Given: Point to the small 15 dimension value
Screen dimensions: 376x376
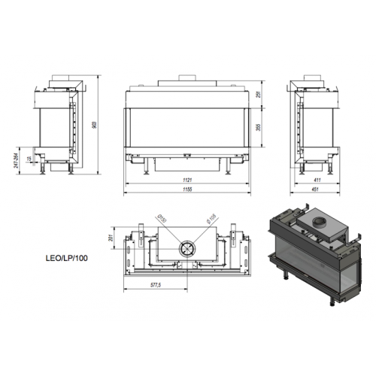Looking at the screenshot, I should click(x=29, y=159).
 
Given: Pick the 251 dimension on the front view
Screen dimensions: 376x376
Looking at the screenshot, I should click(x=259, y=93).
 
